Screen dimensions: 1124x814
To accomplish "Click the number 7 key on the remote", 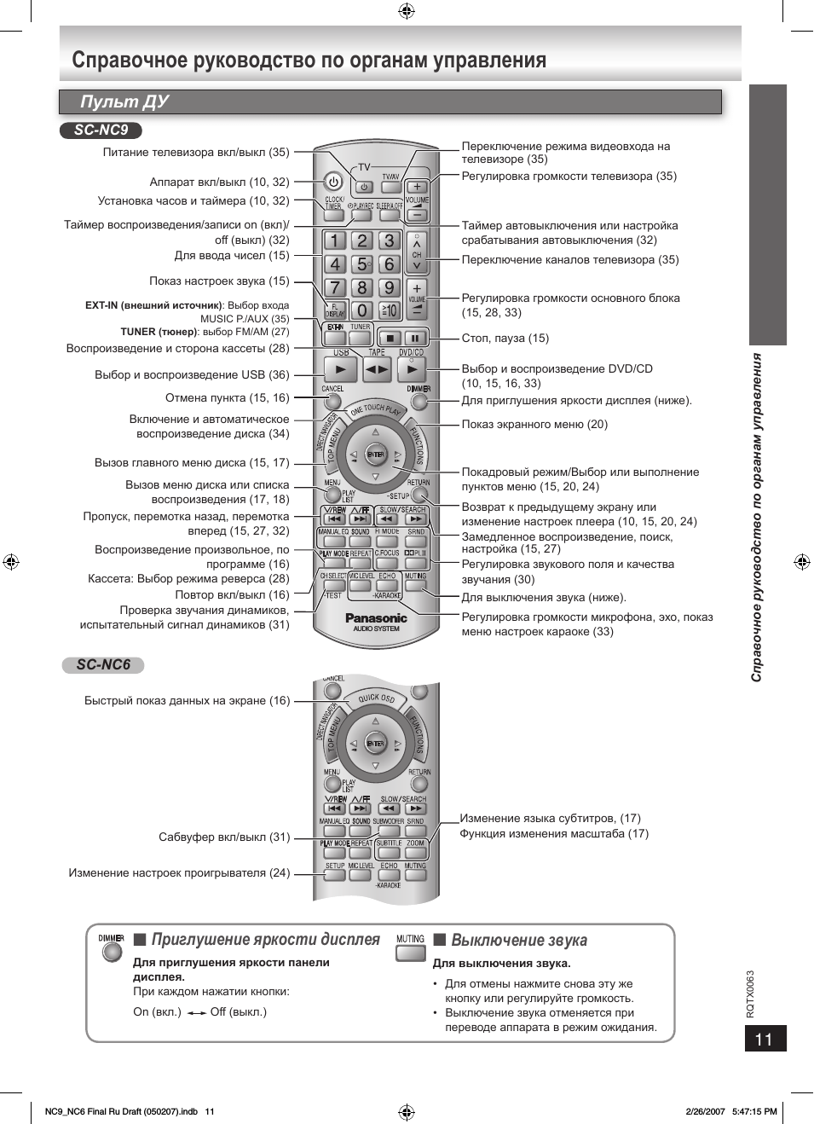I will (x=335, y=288).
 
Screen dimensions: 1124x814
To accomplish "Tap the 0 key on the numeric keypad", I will (x=362, y=310).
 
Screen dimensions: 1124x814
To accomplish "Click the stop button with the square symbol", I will (x=390, y=338).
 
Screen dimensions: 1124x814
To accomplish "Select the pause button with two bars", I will (x=415, y=338).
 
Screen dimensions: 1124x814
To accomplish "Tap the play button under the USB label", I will (x=341, y=369).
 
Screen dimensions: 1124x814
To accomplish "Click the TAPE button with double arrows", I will (x=376, y=369).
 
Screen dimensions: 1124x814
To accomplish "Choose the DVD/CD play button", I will (x=412, y=369).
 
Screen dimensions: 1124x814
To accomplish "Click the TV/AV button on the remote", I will (x=390, y=186).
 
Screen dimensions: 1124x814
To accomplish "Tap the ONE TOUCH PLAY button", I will (x=375, y=410).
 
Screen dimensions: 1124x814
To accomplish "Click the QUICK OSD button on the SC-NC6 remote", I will (x=376, y=698).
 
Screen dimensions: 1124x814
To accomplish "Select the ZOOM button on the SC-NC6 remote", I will (x=415, y=851).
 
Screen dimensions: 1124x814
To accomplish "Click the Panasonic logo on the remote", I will (x=376, y=618).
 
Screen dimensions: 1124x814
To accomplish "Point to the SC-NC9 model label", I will (x=101, y=130).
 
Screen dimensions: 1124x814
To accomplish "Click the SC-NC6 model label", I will (x=103, y=665).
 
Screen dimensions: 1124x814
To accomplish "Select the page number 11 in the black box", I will (x=764, y=1039).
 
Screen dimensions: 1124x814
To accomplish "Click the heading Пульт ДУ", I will (x=124, y=101).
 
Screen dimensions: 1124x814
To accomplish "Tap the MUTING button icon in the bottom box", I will (x=410, y=952).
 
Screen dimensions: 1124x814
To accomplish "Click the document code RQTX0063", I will (x=751, y=994).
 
